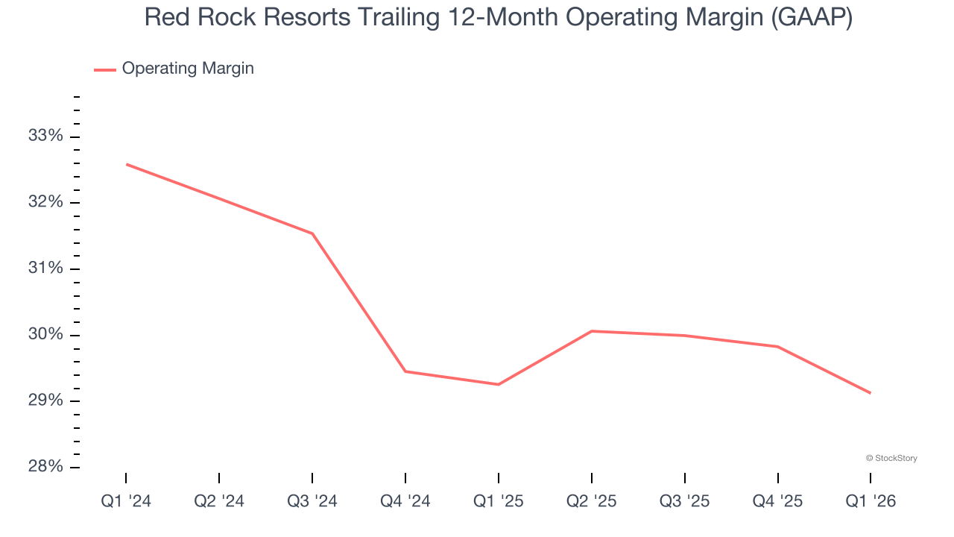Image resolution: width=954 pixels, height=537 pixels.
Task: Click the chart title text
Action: point(498,17)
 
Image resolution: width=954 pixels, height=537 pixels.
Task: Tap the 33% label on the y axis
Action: point(45,136)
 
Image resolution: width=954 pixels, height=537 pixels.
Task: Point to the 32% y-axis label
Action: point(45,202)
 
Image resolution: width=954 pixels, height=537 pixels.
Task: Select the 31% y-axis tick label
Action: point(45,268)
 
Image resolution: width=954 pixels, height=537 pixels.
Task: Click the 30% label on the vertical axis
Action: point(45,335)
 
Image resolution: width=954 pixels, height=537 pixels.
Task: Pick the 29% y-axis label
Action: point(45,401)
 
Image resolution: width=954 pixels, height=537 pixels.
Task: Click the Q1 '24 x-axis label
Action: point(126,501)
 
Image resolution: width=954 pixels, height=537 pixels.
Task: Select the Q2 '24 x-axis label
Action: point(219,501)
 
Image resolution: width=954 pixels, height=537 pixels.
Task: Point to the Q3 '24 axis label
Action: point(312,501)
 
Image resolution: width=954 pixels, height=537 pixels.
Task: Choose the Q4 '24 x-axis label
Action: point(405,501)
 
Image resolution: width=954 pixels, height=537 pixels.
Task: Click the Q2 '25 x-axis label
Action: point(592,501)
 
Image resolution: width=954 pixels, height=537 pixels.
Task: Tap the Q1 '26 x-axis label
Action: point(871,501)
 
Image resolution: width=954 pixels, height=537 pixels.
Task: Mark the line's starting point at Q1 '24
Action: point(126,164)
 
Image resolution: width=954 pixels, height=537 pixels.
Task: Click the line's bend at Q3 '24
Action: point(312,233)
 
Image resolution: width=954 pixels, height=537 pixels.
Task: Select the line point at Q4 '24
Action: point(405,371)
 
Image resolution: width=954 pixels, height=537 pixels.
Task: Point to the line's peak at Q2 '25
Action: point(592,331)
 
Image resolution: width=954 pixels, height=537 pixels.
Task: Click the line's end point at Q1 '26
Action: point(871,393)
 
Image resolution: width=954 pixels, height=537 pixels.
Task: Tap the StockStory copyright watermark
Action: point(891,458)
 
